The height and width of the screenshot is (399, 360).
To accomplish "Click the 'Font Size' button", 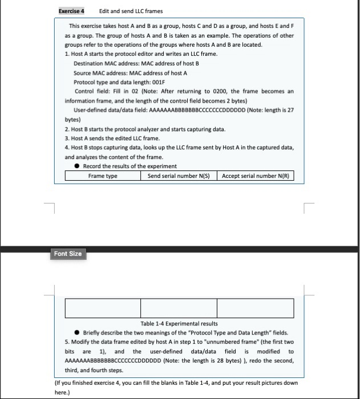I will [67, 254].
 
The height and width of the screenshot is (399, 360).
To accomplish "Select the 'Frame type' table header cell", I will [103, 176].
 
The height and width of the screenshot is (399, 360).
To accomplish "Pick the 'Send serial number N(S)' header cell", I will [180, 176].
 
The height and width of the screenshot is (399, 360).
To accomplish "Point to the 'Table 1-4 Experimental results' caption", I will [179, 324].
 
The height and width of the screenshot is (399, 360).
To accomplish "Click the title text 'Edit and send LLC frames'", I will [131, 11].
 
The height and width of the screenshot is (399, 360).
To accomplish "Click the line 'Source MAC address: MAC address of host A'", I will [130, 73].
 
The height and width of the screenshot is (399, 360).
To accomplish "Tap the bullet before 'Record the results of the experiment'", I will [77, 166].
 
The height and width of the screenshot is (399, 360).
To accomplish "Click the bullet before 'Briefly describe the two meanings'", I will [77, 333].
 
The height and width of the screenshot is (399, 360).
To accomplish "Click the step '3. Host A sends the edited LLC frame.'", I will [112, 139].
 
